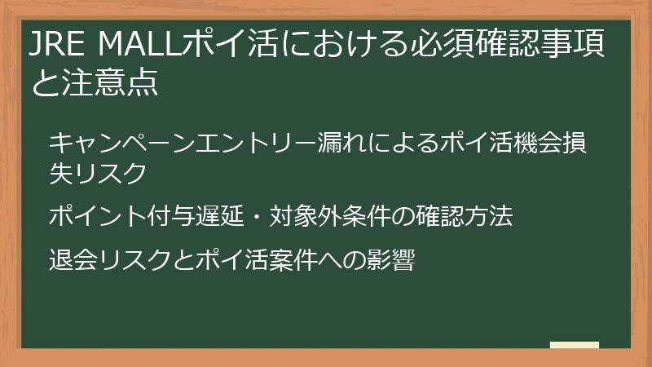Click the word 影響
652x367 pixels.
point(390,262)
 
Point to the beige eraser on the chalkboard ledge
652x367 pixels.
point(574,345)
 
